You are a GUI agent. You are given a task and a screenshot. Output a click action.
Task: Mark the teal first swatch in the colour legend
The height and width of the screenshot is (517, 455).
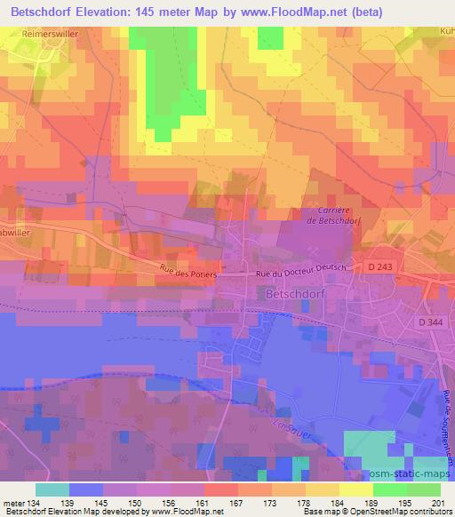pos(52,489)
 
